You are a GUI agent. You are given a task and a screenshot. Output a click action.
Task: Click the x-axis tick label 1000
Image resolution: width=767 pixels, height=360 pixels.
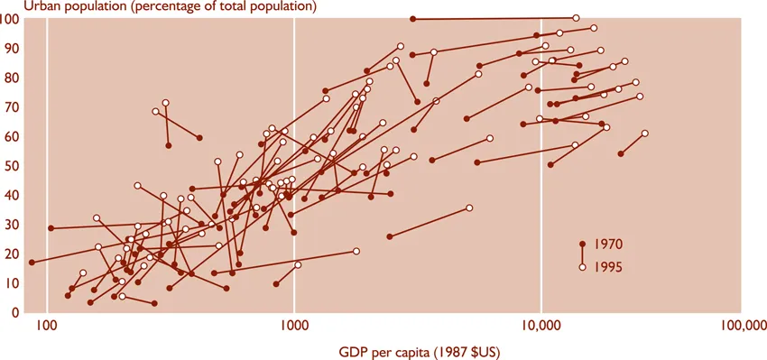(294, 330)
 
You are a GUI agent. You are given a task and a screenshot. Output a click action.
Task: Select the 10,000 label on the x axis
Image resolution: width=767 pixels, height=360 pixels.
(541, 330)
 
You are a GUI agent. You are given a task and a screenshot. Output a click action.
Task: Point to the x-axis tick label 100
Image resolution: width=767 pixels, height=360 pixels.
(47, 330)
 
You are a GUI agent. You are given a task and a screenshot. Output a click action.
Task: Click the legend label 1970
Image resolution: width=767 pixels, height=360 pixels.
(609, 245)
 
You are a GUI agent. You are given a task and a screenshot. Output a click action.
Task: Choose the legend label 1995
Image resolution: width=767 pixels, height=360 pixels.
(609, 267)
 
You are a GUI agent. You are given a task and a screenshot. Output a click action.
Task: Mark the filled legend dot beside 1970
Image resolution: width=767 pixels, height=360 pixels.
(583, 245)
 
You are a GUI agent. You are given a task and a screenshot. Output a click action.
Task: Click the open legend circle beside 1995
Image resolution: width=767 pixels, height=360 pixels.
(583, 267)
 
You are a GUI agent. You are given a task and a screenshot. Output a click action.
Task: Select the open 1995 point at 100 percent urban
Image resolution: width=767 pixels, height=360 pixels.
(576, 18)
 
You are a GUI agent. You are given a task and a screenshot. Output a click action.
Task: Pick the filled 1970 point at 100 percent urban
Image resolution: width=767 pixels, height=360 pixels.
(412, 19)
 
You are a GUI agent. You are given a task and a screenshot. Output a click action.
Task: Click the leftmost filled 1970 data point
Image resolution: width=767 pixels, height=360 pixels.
(32, 263)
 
